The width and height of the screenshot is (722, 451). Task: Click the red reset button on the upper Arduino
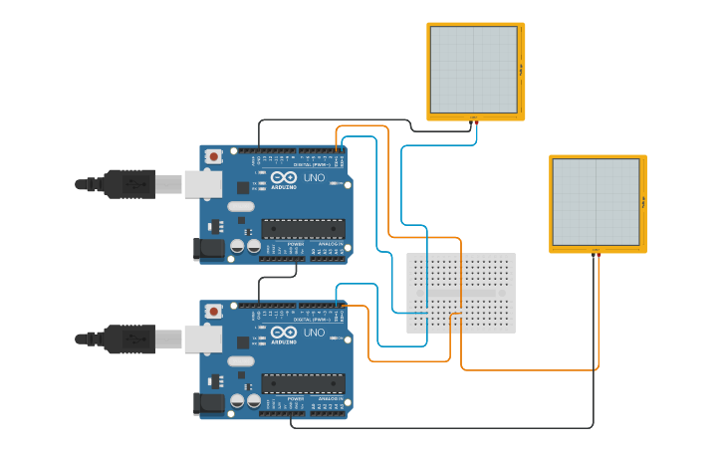(x=213, y=156)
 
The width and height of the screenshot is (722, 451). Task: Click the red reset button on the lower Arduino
(x=213, y=312)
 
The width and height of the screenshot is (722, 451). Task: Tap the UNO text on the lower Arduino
(x=314, y=332)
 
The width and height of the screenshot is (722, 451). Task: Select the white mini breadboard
(x=461, y=292)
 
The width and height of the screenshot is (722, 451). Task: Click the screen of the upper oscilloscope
(x=473, y=69)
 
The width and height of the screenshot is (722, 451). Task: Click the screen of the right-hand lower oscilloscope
(x=596, y=201)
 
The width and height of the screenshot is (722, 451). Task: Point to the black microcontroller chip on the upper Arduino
(x=303, y=228)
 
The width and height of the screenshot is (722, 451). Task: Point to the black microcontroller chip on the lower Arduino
(x=303, y=383)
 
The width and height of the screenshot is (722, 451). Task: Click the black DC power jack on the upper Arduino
(x=208, y=249)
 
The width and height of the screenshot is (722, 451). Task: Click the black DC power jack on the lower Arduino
(x=208, y=404)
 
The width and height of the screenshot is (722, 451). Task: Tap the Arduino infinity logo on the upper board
(x=284, y=177)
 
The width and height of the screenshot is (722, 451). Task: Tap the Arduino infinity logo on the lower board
(x=284, y=333)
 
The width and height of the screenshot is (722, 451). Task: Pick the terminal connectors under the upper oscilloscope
(x=473, y=119)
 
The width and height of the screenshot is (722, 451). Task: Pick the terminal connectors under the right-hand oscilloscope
(x=596, y=251)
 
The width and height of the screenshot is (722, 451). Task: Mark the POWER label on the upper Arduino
(x=296, y=243)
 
